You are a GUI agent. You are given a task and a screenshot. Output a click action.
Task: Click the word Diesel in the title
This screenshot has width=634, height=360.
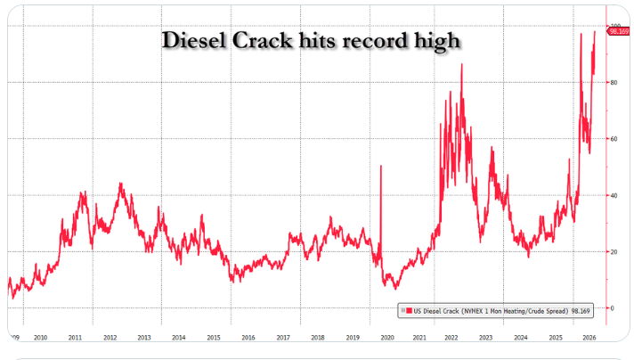pos(193,40)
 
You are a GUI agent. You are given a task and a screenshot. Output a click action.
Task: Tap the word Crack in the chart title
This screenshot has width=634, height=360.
pos(262,40)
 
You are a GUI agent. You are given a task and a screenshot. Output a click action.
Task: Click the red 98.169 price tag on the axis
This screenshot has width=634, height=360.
pos(619,31)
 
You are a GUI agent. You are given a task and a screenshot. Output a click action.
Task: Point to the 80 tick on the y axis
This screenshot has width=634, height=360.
pos(614,83)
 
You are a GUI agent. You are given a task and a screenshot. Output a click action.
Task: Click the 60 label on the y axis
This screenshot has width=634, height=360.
pos(614,139)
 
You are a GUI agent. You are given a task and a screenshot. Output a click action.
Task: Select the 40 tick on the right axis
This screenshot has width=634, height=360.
pos(614,195)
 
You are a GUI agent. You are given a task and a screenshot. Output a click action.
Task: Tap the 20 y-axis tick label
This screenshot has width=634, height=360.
pos(614,251)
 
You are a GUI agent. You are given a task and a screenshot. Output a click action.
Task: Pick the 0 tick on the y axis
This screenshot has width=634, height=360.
pos(612,308)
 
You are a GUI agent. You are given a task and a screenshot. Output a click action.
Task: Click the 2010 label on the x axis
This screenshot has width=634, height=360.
pos(40,338)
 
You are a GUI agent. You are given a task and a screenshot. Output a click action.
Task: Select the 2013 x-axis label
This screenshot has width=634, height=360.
pos(144,338)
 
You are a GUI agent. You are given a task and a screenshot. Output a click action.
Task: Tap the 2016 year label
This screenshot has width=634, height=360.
pos(248,338)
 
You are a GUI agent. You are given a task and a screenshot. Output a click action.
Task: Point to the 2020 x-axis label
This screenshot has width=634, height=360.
pos(387,338)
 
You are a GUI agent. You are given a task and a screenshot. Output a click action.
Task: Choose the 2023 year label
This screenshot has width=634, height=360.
pos(485,338)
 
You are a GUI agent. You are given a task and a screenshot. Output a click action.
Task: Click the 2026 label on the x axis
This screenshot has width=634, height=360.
pos(589,338)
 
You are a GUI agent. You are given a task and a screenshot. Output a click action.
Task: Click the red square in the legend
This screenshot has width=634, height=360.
pos(410,311)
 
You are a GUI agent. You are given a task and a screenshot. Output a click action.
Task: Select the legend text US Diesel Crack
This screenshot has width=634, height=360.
pos(436,311)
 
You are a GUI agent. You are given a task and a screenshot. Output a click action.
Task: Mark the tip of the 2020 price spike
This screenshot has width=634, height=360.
pos(381,166)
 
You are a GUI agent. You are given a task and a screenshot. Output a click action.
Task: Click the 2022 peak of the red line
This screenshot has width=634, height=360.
pos(462,64)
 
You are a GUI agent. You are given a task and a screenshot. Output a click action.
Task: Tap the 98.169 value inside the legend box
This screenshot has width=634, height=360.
pos(581,311)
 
